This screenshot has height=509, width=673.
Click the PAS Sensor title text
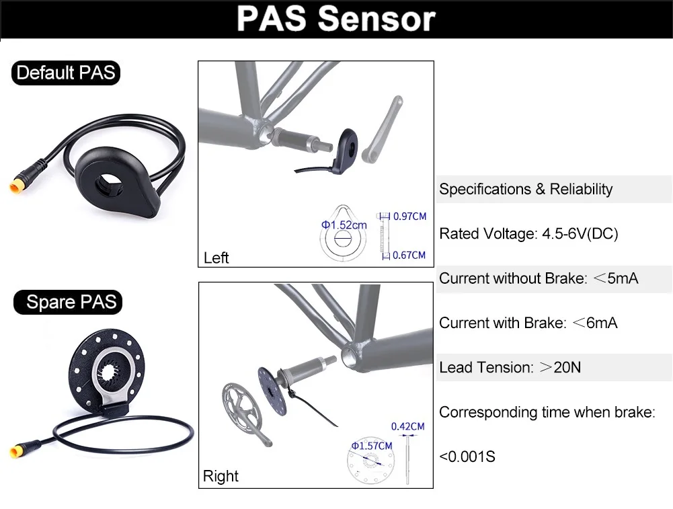[x=336, y=19]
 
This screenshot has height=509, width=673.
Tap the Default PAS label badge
[x=65, y=73]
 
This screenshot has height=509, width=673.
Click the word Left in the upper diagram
[x=216, y=258]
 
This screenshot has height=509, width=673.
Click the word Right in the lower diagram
[x=221, y=477]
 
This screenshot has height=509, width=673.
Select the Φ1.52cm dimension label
[x=344, y=225]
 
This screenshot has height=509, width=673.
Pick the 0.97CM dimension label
[x=410, y=217]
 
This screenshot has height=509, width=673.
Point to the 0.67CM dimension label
[x=409, y=255]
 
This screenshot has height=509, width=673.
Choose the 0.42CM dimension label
[x=408, y=426]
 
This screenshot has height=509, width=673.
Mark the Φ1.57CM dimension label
[x=371, y=446]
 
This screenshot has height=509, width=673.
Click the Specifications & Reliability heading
[x=526, y=189]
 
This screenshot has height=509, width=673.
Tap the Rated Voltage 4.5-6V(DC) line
[x=528, y=234]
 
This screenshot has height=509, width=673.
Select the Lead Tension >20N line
[x=510, y=367]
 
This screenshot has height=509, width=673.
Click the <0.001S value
[x=467, y=457]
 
